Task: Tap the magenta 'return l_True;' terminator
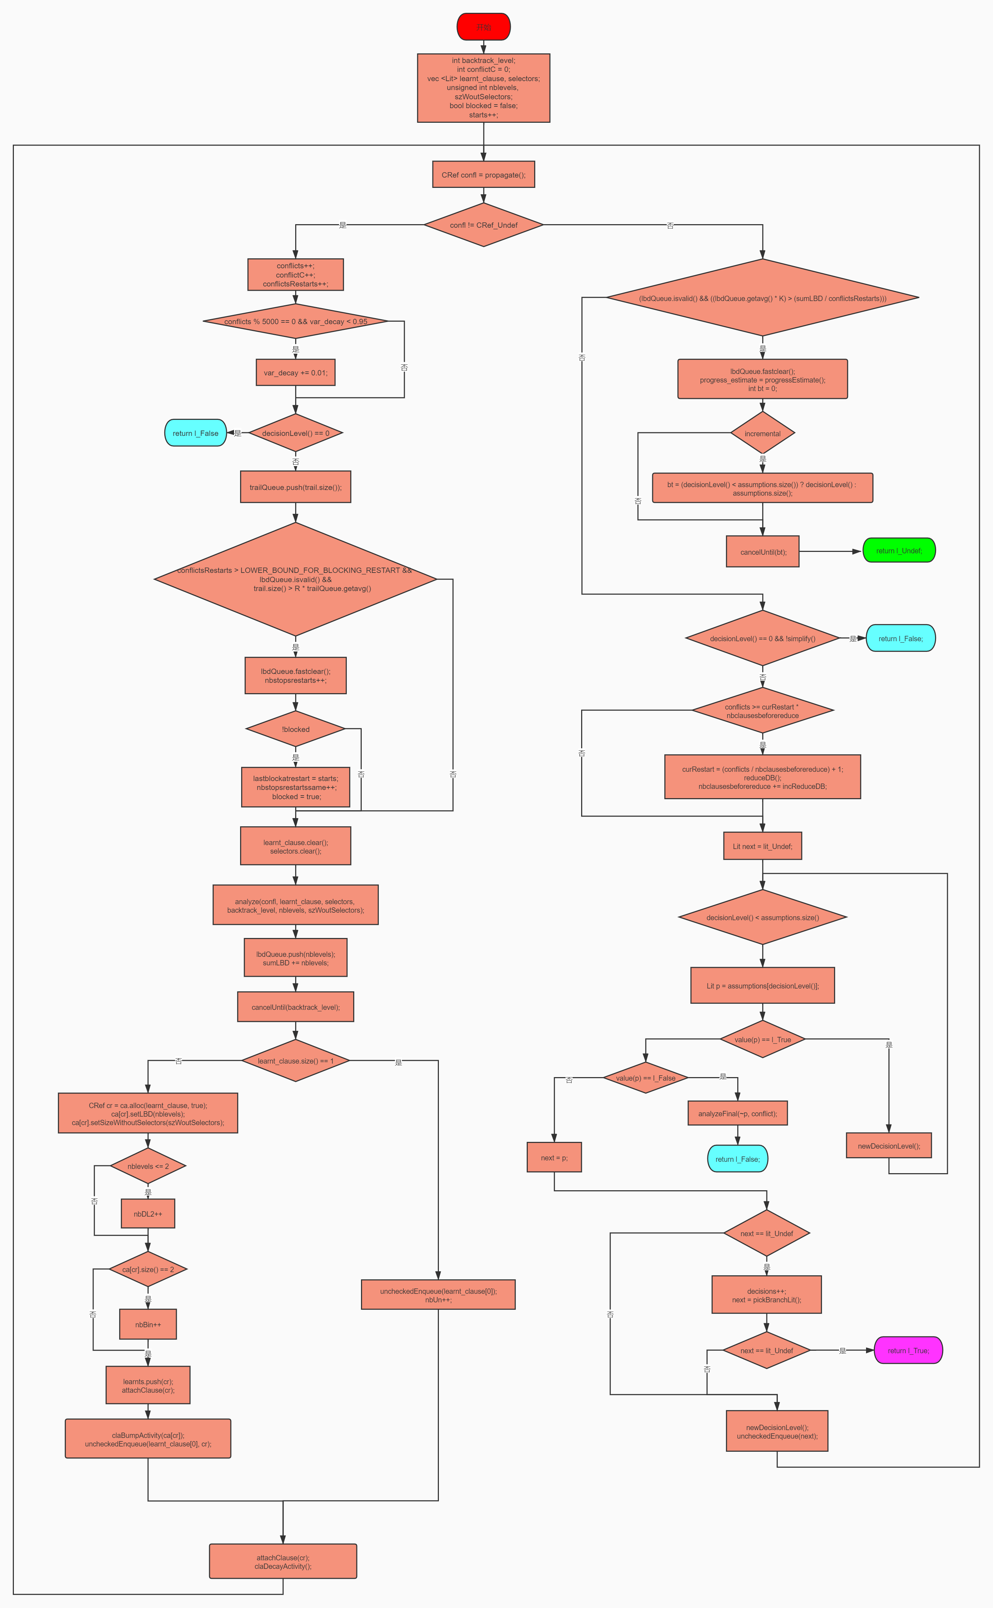[908, 1350]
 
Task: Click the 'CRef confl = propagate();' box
[483, 175]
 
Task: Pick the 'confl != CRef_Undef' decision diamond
[483, 225]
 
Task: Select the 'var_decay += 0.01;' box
[296, 373]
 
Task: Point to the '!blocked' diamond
[296, 729]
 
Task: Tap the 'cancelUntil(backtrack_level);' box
[296, 1007]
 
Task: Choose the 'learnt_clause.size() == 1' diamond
[296, 1061]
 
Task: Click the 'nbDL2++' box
[148, 1214]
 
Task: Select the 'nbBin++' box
[148, 1324]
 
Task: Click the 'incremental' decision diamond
[763, 433]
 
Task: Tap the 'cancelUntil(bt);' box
[763, 552]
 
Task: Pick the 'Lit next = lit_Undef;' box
[763, 846]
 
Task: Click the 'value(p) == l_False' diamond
[646, 1078]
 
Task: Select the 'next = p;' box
[554, 1158]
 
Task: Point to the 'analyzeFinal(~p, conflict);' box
[738, 1113]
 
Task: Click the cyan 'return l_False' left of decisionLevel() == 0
[195, 433]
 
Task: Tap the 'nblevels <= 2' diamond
[148, 1166]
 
